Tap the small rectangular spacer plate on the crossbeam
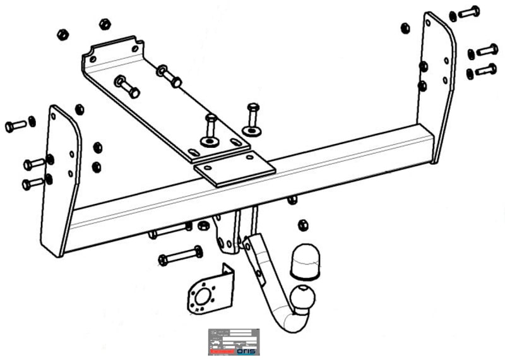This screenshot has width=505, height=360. click(x=234, y=169)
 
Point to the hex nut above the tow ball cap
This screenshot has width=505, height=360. click(x=302, y=225)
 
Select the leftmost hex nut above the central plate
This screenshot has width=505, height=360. click(x=62, y=34)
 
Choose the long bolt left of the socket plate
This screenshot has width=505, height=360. click(x=181, y=256)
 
